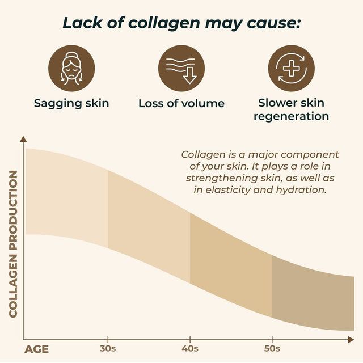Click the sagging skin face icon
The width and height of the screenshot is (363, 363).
[x=71, y=68]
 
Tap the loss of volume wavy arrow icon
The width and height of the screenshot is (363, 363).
[x=181, y=68]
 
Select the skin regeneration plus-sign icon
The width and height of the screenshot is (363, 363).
[x=291, y=68]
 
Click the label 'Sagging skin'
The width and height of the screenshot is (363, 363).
[x=71, y=103]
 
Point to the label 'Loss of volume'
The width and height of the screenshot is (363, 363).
[x=181, y=103]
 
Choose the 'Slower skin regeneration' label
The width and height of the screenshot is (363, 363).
[x=291, y=109]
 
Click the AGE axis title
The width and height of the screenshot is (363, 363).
[x=36, y=349]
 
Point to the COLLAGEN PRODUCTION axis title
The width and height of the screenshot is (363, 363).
[x=14, y=243]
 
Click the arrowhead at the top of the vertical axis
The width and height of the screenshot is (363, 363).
[x=23, y=138]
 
